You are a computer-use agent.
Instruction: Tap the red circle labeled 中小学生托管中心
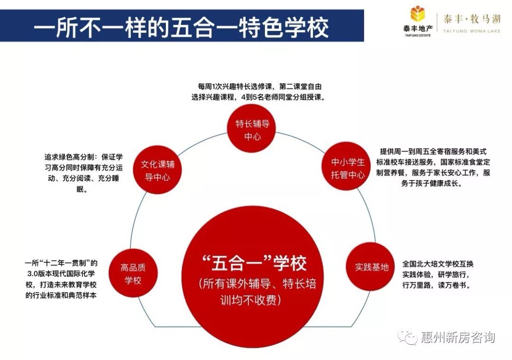348,168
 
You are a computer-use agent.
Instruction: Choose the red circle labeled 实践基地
371,267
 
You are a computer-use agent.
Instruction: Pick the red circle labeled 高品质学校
133,274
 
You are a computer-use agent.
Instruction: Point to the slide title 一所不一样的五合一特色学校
181,27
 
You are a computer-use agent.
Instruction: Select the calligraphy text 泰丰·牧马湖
471,19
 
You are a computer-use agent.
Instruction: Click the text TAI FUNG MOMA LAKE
471,31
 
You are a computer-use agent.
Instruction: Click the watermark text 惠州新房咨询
458,338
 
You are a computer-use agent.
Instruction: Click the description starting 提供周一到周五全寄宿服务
435,167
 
